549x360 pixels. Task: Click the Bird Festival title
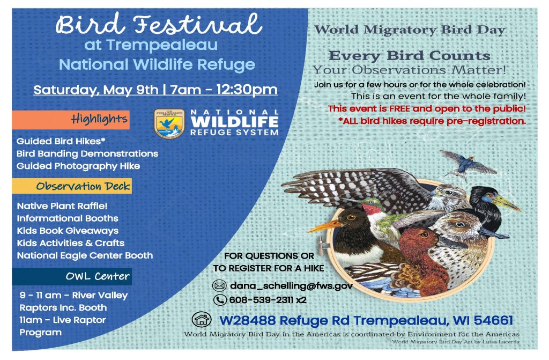[x=159, y=24]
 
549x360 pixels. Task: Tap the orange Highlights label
[x=71, y=119]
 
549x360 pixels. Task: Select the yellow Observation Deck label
[x=72, y=186]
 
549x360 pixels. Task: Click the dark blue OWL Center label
[x=72, y=277]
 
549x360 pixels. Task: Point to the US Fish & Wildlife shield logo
[x=169, y=123]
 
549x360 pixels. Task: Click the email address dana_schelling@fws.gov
[x=291, y=285]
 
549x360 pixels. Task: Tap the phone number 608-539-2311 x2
[x=268, y=300]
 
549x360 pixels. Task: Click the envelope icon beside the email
[x=219, y=285]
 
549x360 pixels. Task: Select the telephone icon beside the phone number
[x=220, y=300]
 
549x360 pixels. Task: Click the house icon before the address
[x=202, y=320]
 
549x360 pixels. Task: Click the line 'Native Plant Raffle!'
[x=62, y=205]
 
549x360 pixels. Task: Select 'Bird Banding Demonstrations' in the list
[x=87, y=153]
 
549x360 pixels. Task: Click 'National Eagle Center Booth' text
[x=85, y=255]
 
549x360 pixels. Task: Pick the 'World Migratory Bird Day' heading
[x=410, y=30]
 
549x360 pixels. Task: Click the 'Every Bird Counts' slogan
[x=409, y=56]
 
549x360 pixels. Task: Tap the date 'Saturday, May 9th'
[x=96, y=89]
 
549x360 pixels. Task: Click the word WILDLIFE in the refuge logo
[x=235, y=122]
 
